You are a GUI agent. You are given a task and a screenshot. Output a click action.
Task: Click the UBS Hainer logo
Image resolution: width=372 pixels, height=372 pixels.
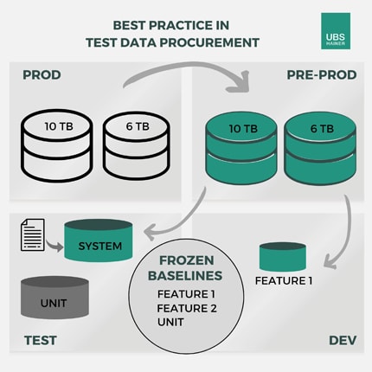point(336,31)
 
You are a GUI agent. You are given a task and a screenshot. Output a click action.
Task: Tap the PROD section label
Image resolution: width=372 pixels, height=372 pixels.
point(42,75)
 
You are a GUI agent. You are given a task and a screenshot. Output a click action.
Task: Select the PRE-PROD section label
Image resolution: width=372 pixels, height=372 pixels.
point(322,75)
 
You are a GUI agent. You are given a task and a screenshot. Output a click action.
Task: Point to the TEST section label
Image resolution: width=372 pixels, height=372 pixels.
point(41,340)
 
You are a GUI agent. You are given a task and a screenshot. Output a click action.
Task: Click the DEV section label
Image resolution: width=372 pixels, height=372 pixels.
point(343,340)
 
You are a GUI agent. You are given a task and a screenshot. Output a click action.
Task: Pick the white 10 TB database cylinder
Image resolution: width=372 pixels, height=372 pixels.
point(57,145)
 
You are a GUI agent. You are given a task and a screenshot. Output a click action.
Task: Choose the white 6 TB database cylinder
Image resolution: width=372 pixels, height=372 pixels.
point(137,145)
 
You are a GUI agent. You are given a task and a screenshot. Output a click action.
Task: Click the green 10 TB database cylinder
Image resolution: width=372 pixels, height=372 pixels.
point(241,149)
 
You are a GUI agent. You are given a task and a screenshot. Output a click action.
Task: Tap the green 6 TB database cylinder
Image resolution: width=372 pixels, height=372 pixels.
point(320,149)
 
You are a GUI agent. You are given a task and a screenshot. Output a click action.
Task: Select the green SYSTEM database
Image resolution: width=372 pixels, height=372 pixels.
point(99,241)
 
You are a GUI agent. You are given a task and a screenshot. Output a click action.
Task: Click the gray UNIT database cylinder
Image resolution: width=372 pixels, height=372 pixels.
point(55,298)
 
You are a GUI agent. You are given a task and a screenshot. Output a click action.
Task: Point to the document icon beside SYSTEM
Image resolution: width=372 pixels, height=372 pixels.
point(33,234)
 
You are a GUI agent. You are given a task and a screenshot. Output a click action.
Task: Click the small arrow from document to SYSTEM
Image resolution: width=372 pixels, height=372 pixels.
point(55,245)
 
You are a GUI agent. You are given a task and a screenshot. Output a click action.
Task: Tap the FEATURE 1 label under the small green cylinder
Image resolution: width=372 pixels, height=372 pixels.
point(284,280)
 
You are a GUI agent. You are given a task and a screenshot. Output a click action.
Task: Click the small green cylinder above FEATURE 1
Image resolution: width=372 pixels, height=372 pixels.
point(283,256)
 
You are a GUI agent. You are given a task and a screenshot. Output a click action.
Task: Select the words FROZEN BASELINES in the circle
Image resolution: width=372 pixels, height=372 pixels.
point(185,268)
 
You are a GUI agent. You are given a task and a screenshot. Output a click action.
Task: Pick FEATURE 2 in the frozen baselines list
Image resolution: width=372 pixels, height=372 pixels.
point(187,308)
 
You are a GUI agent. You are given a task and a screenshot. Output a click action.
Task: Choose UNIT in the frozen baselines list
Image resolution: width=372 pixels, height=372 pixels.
point(170,322)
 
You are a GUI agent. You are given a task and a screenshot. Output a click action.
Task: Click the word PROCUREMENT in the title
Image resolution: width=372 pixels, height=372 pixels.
point(209,42)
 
